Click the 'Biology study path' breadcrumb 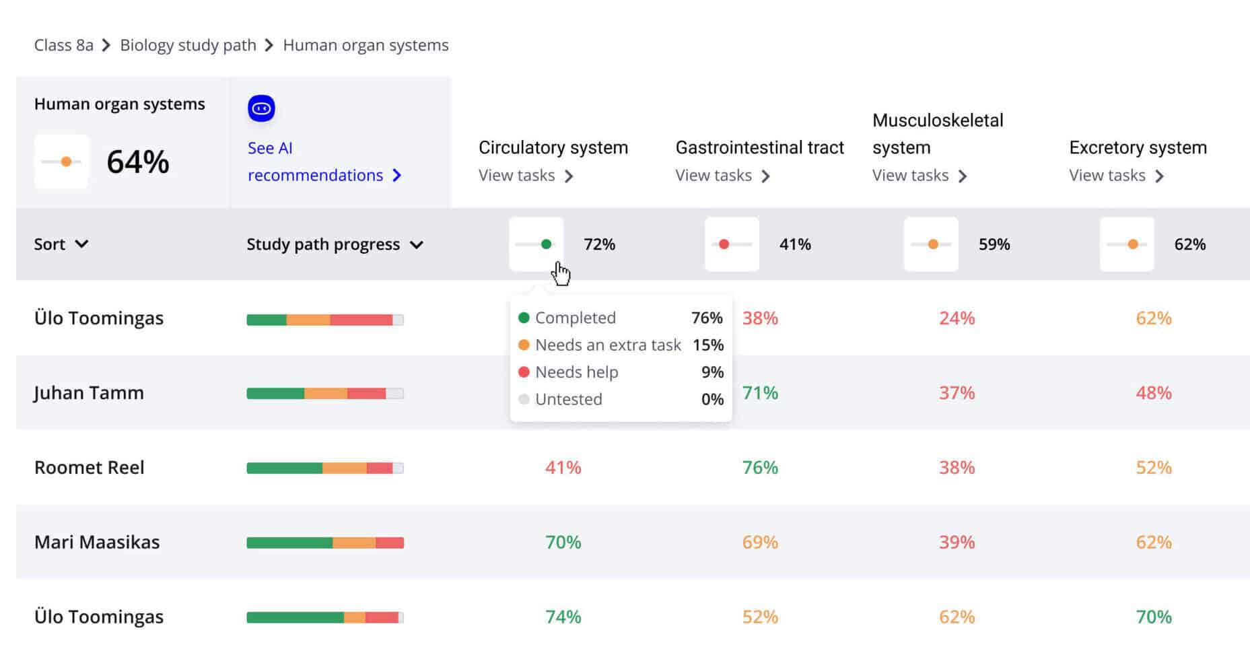[188, 45]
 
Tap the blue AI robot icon [261, 108]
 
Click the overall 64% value [138, 162]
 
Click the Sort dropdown [61, 244]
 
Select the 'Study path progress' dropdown [335, 244]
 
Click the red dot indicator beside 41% [724, 244]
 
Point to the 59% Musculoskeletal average [994, 244]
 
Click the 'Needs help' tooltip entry [576, 372]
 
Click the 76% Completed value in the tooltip [706, 318]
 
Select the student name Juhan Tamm [89, 392]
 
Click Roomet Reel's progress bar [325, 468]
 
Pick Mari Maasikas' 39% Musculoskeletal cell [957, 542]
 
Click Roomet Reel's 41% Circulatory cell [563, 467]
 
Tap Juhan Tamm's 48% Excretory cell [1153, 392]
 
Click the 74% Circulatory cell [563, 617]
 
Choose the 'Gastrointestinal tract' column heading [759, 147]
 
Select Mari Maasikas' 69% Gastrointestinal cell [760, 542]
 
